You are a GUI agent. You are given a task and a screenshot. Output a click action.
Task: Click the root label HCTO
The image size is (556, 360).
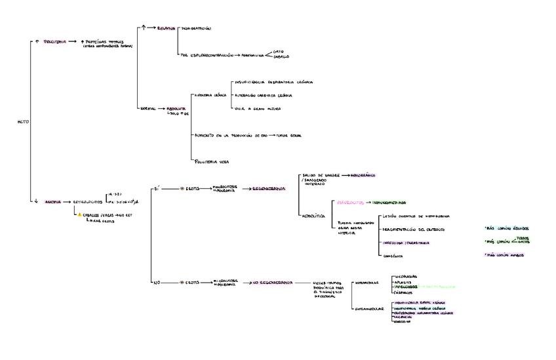pos(23,122)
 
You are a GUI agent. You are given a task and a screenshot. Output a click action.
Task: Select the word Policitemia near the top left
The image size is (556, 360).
pos(55,41)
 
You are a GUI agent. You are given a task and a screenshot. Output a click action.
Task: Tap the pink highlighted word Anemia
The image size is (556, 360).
pos(53,202)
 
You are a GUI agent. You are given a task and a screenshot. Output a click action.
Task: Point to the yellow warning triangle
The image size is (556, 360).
pos(80,214)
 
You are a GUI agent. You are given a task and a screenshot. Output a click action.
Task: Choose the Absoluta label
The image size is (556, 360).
pos(176,108)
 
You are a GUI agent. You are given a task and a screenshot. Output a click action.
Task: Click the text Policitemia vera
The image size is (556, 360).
pos(211,161)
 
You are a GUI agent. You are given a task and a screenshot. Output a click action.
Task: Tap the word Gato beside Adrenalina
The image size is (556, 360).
pos(287,50)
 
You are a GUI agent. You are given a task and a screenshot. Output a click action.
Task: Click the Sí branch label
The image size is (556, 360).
pos(156,188)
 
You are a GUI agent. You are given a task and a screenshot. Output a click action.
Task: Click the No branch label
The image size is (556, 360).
pos(156,282)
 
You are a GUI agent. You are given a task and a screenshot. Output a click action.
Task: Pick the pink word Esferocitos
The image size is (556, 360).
pos(350,203)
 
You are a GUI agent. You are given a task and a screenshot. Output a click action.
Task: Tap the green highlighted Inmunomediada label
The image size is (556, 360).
pos(389,203)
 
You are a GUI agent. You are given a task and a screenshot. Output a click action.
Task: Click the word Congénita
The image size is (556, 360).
pos(393,255)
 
